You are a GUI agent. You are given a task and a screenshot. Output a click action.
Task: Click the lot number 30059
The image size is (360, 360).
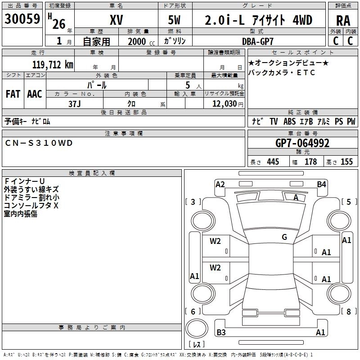(22, 19)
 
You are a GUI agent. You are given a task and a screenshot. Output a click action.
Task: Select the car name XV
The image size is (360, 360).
(116, 20)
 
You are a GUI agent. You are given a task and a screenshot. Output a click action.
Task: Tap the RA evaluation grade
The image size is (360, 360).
(343, 21)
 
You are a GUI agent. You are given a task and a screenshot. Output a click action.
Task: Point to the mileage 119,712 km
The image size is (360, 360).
(53, 65)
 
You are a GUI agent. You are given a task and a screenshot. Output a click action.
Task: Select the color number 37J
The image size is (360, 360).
(74, 103)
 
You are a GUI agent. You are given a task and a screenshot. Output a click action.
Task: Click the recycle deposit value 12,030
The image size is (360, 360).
(224, 103)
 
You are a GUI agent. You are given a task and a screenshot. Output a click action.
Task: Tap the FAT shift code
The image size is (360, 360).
(13, 94)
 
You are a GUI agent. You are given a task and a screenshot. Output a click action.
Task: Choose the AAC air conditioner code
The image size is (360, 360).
(35, 94)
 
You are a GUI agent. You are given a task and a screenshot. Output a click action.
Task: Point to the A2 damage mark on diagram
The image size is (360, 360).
(220, 184)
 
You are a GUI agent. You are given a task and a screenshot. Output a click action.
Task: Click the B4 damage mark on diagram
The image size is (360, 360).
(321, 184)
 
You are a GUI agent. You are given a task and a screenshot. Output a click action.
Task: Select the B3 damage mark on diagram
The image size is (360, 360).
(221, 333)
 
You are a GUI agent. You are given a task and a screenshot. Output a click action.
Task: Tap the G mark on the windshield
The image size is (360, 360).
(284, 237)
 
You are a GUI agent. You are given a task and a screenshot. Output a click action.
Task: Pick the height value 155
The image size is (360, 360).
(346, 162)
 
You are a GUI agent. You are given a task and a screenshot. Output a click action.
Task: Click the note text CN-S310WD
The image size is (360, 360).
(38, 143)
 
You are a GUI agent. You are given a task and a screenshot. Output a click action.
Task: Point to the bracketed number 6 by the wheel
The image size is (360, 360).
(193, 311)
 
